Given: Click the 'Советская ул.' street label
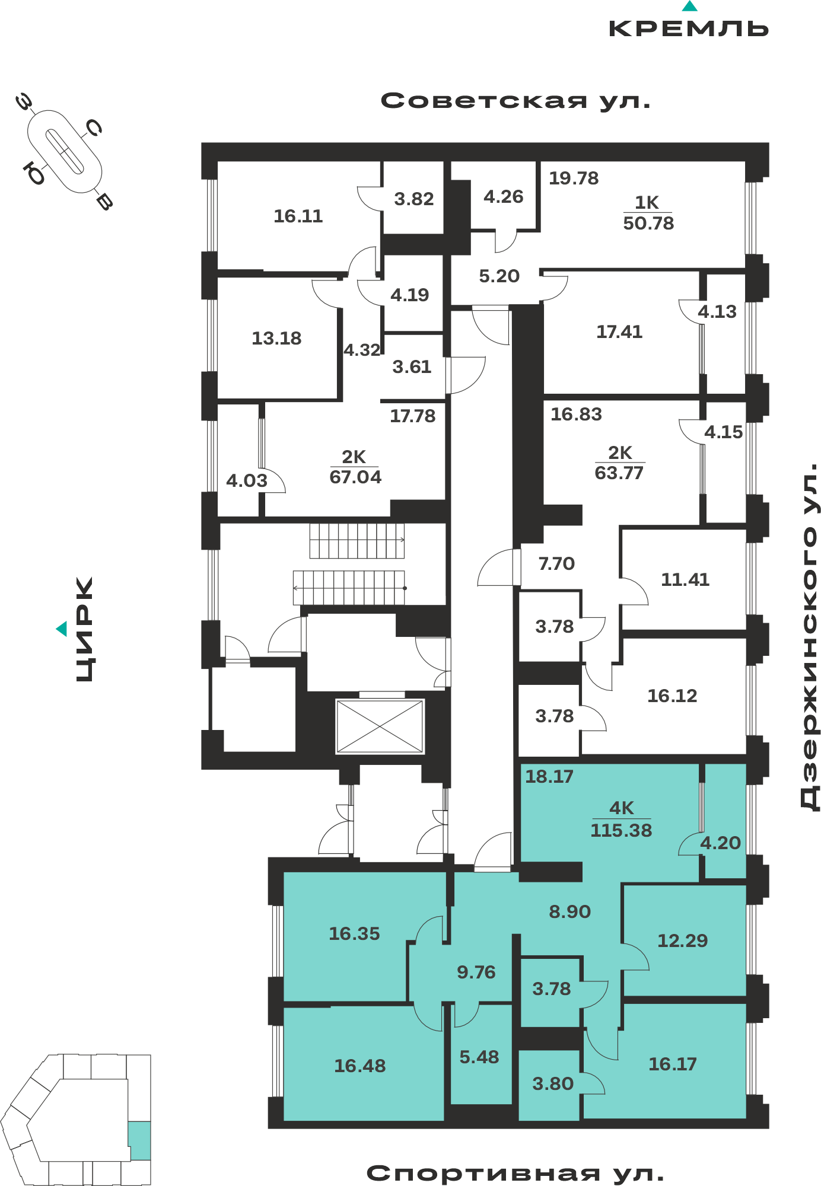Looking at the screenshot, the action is click(x=515, y=101).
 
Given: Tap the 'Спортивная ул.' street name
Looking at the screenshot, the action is click(x=515, y=1172).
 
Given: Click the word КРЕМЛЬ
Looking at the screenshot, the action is click(x=689, y=28).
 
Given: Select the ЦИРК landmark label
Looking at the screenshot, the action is click(x=84, y=629).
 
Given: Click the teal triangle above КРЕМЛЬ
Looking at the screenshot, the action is click(x=689, y=7).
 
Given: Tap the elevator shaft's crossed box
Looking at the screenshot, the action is click(x=380, y=726).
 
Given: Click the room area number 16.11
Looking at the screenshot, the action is click(x=298, y=216).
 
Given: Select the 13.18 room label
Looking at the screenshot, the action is click(x=276, y=338).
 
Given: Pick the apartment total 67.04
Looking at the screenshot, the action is click(x=355, y=477).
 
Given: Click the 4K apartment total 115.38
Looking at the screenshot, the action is click(x=621, y=830).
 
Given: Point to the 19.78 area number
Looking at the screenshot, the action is click(x=574, y=178).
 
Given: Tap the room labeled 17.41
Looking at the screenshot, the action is click(x=619, y=331).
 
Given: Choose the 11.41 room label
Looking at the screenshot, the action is click(x=685, y=579).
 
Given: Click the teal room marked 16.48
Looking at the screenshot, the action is click(x=359, y=1066).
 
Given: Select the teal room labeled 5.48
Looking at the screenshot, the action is click(x=479, y=1057).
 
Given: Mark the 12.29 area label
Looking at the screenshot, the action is click(x=682, y=940).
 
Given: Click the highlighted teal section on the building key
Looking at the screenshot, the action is click(x=139, y=1140).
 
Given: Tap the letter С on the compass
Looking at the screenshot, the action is click(x=94, y=127).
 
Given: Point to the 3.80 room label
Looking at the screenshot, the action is click(x=553, y=1083).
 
